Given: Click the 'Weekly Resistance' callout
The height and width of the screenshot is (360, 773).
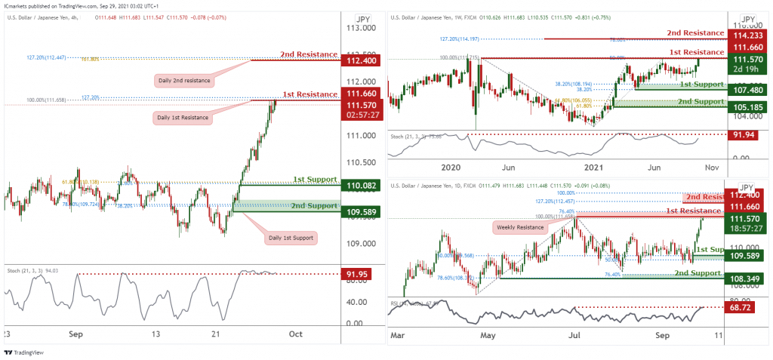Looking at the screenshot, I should pyautogui.click(x=520, y=227).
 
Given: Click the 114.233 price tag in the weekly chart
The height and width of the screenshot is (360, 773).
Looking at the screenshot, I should pyautogui.click(x=744, y=35).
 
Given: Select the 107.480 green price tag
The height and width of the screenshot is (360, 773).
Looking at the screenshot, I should pyautogui.click(x=744, y=90).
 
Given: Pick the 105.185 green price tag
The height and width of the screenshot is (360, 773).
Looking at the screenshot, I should pyautogui.click(x=744, y=107).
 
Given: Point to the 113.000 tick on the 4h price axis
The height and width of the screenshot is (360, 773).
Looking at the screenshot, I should pyautogui.click(x=359, y=28).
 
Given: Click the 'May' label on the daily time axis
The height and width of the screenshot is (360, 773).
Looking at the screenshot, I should pyautogui.click(x=488, y=334).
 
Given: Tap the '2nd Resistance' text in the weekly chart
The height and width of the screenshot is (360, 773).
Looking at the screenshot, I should pyautogui.click(x=695, y=33).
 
